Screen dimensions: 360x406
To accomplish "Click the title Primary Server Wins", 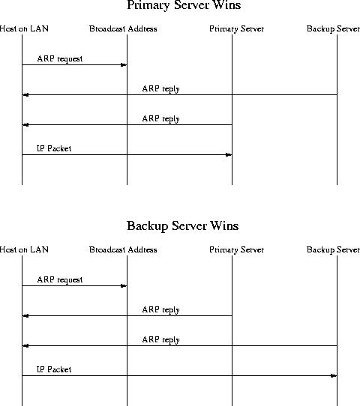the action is point(184,5).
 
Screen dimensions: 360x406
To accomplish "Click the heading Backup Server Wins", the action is point(183,225).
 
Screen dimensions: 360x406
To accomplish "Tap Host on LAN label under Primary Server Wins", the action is point(24,28).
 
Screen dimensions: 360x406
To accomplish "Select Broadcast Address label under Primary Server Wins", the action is point(123,28).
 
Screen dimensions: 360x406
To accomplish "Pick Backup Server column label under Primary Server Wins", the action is point(333,28).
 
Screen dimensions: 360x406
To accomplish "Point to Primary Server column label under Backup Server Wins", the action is point(237,249).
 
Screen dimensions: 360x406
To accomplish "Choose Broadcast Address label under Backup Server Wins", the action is point(123,249).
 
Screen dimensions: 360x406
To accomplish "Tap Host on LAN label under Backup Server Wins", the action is point(24,249).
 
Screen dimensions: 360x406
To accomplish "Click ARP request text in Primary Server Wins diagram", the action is point(60,58).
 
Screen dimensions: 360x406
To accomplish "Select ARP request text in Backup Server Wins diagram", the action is point(60,280).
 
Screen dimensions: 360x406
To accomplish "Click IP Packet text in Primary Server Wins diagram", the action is point(54,148).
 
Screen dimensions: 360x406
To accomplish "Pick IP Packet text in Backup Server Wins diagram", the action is point(54,369).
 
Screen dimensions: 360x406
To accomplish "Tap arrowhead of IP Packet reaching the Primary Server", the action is point(229,155).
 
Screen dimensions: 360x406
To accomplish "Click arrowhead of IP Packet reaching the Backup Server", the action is point(334,376).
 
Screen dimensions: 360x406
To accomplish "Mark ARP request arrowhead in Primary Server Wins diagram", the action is point(124,64).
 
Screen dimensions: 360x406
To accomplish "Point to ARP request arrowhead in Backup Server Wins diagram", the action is point(124,286).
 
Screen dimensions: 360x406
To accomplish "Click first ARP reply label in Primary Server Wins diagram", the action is point(161,89).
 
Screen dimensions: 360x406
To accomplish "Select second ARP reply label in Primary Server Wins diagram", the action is point(161,119).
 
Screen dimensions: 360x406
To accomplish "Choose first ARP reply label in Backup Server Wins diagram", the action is point(161,310).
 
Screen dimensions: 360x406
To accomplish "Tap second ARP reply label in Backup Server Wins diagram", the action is point(161,340).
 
